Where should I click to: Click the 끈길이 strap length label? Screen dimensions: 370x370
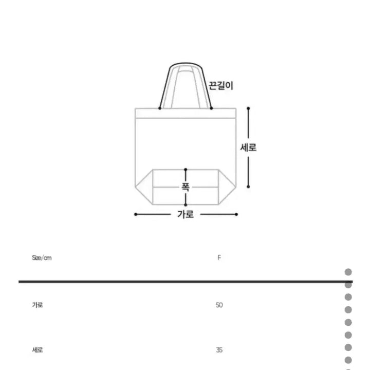point(220,86)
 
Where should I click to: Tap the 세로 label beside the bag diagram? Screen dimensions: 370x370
point(248,147)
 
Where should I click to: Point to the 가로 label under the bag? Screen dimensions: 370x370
point(186,215)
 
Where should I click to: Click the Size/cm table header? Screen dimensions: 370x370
point(42,257)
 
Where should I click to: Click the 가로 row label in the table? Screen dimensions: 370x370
point(37,305)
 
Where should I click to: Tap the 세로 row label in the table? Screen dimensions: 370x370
point(37,350)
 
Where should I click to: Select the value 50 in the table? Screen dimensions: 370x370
point(219,305)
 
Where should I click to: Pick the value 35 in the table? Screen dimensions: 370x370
point(219,350)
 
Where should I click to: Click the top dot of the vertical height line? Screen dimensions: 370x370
point(248,108)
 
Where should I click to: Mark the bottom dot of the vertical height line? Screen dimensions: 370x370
point(248,187)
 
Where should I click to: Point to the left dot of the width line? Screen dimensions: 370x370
point(135,214)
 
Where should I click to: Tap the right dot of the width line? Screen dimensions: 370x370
point(237,214)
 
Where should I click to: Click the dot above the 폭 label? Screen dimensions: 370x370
point(186,169)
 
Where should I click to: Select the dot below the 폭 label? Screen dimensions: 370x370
point(186,205)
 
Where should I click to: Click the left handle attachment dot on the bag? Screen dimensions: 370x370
point(160,108)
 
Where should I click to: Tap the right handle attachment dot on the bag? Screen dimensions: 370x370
point(211,108)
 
